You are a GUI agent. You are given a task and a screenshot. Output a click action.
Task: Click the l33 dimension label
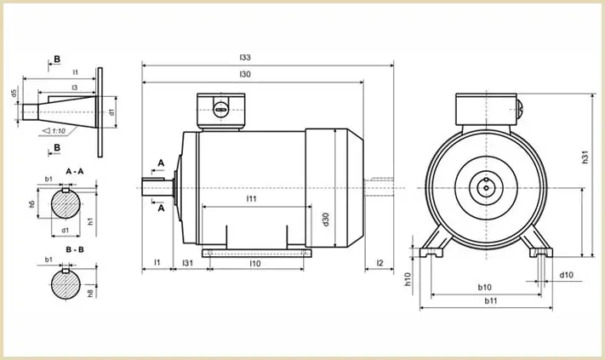[x=245, y=58]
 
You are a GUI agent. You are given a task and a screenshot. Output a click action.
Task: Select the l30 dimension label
[x=245, y=74]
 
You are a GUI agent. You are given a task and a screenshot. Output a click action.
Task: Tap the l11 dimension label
[x=251, y=198]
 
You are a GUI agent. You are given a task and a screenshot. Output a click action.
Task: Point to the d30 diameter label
[x=326, y=220]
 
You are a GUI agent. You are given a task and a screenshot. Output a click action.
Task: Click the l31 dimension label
[x=187, y=263]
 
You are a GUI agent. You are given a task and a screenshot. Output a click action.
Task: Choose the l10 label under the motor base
[x=255, y=264]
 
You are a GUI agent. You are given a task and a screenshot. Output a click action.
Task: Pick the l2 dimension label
[x=380, y=263]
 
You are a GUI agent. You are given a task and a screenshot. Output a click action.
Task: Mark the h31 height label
[x=585, y=157]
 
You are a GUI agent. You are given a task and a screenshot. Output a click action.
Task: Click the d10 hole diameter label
[x=567, y=275]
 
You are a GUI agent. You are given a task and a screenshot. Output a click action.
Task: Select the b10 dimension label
[x=485, y=287]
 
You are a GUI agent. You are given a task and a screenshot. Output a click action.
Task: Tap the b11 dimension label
[x=491, y=300]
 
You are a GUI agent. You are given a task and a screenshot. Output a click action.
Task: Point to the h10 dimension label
[x=408, y=279]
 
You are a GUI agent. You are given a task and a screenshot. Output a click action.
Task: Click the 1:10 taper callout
[x=54, y=131]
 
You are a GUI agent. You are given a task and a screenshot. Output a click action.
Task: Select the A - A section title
[x=75, y=171]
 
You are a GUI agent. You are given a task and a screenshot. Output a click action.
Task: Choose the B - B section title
[x=75, y=249]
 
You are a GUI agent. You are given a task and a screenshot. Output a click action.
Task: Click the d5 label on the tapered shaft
[x=14, y=94]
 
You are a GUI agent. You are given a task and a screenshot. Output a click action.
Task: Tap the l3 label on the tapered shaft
[x=75, y=88]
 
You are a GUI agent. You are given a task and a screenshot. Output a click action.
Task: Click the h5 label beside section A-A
[x=32, y=203]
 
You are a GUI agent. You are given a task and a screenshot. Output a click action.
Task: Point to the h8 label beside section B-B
[x=90, y=294]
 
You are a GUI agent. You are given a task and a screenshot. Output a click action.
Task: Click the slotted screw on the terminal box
[x=221, y=110]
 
